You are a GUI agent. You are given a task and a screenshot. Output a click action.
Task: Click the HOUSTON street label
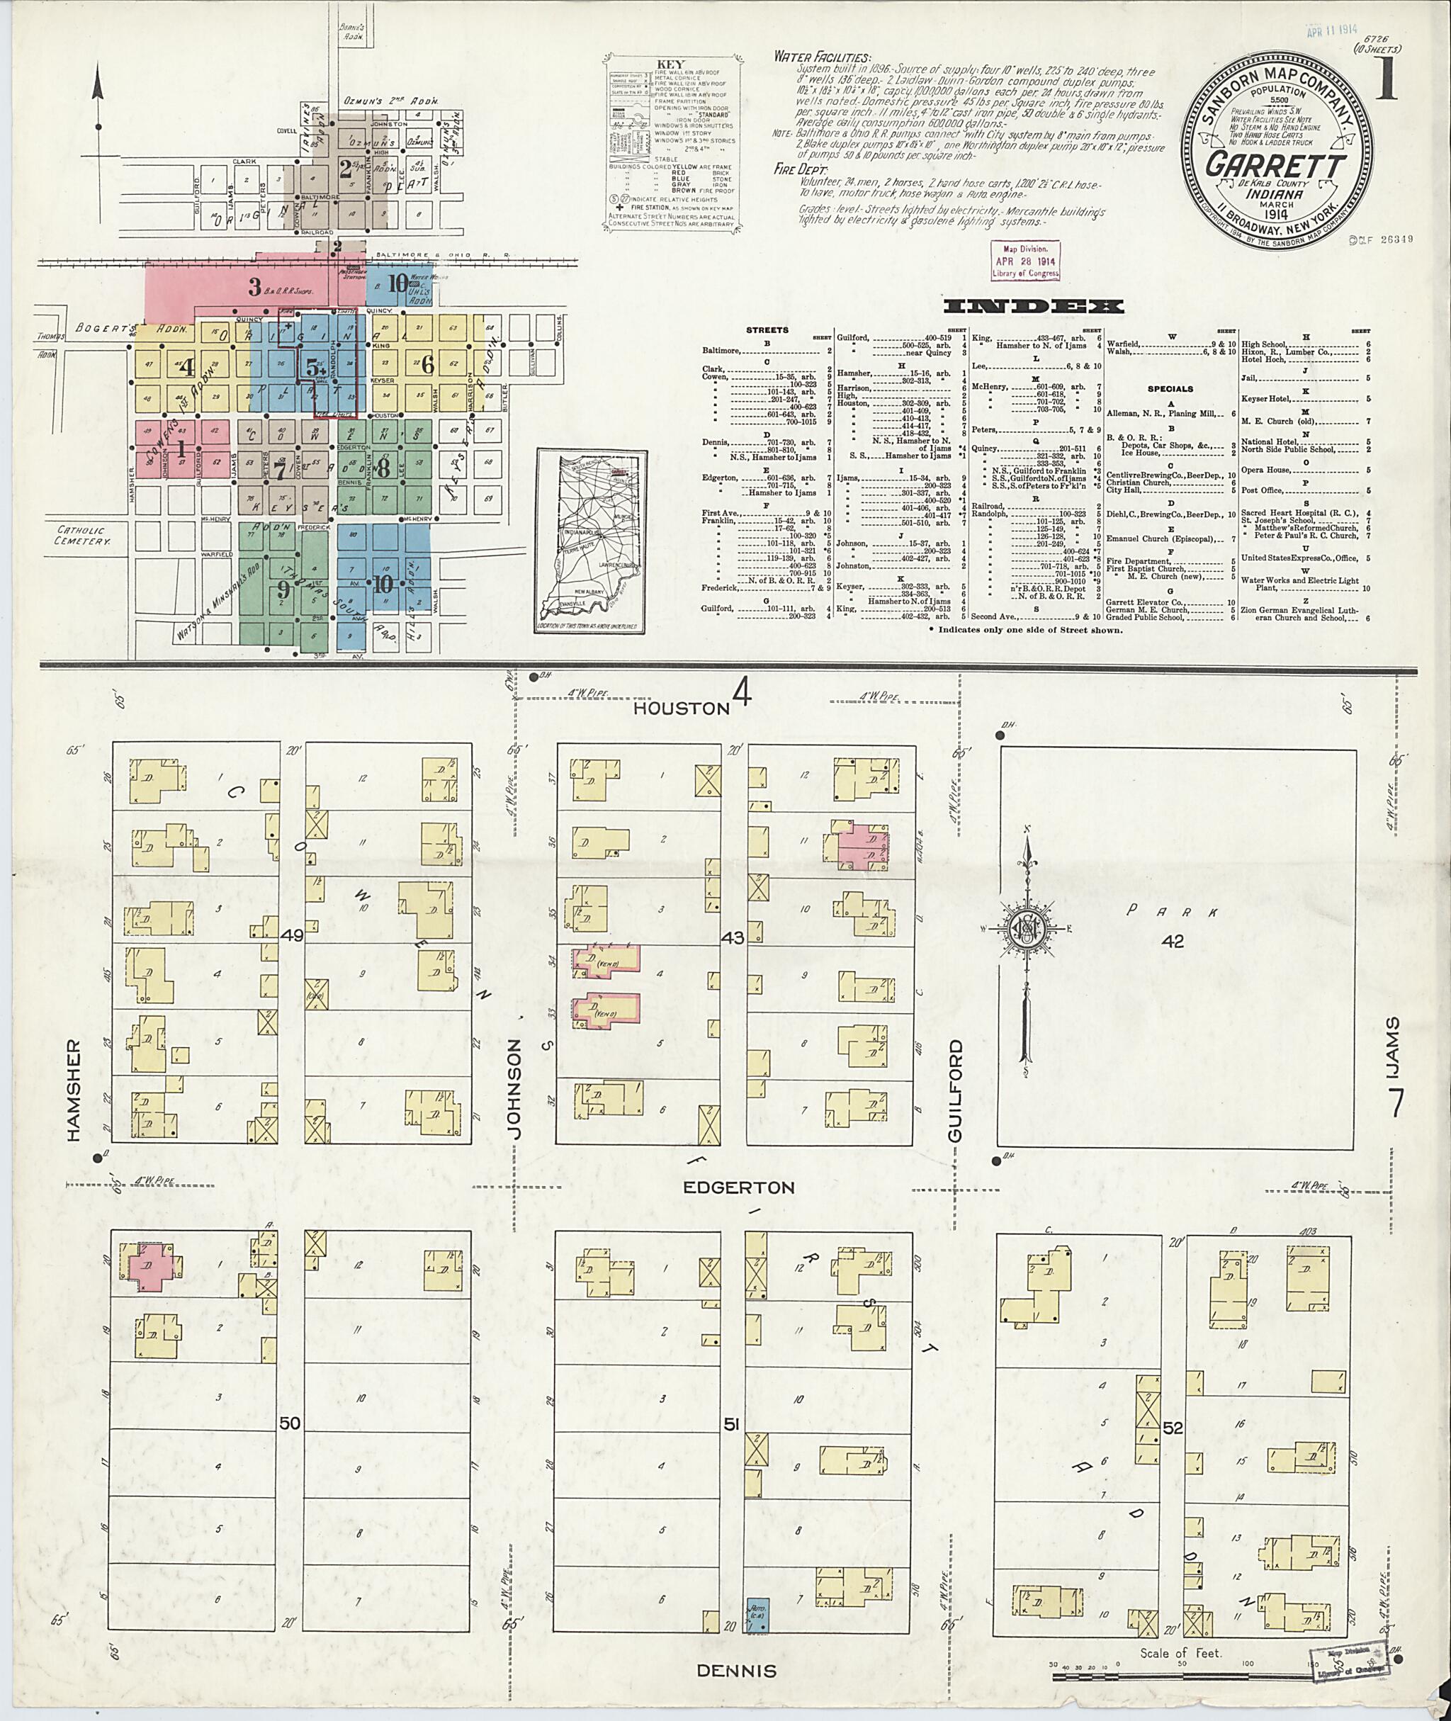coord(682,708)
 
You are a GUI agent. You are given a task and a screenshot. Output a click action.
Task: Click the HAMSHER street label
coord(74,1090)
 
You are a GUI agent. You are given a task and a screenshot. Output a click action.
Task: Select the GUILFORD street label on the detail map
coord(955,1090)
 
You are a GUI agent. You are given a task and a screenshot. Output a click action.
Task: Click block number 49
coord(292,935)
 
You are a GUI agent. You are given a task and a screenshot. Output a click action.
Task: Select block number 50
coord(290,1423)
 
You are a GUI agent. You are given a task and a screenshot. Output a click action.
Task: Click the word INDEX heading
coord(1033,307)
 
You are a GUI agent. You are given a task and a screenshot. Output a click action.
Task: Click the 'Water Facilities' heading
coord(822,57)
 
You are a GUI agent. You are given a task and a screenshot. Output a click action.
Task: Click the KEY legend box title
coord(671,64)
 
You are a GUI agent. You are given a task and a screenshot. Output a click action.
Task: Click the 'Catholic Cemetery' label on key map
coord(83,536)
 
